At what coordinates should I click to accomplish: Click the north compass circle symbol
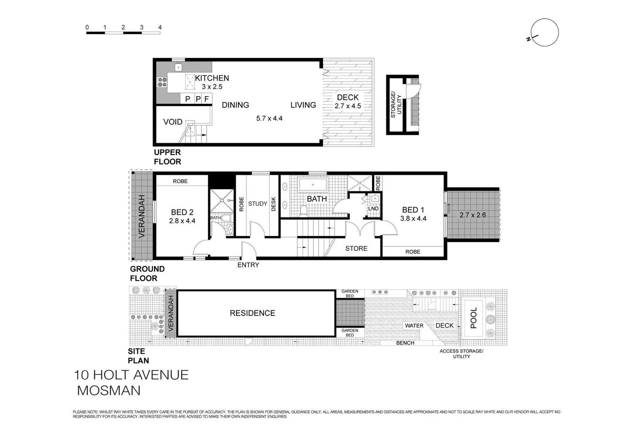tap(545, 33)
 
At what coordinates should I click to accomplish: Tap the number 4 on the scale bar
tap(160, 27)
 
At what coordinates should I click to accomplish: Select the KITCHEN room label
tap(212, 78)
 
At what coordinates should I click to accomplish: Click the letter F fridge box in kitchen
tap(207, 99)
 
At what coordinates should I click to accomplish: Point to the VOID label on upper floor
tap(173, 122)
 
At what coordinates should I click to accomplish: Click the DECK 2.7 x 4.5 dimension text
tap(348, 106)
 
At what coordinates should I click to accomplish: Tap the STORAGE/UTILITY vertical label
tap(396, 104)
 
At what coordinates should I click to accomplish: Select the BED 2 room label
tap(182, 212)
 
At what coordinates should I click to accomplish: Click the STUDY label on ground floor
tap(258, 204)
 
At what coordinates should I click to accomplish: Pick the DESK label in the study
tap(273, 204)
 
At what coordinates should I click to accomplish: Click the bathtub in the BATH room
tap(313, 185)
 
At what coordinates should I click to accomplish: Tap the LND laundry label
tap(373, 209)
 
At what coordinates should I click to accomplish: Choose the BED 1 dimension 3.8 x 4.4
tap(413, 218)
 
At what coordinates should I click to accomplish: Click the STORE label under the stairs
tap(356, 248)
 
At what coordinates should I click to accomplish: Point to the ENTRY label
tap(248, 265)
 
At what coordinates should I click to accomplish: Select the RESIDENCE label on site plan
tap(252, 313)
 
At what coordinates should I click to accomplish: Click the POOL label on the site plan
tap(474, 318)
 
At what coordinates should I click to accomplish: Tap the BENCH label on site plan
tap(405, 343)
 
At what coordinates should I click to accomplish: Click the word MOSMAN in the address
tap(109, 390)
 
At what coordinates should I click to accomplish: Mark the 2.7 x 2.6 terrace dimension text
tap(473, 215)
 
